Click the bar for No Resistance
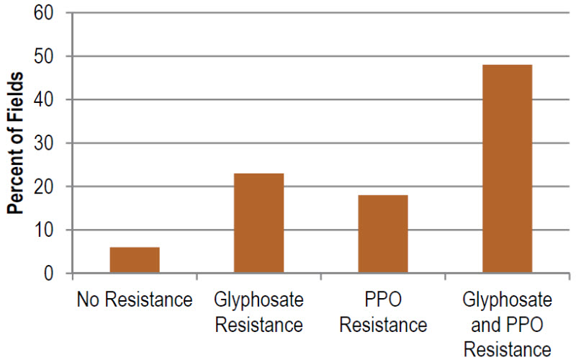135,260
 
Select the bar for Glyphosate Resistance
259,223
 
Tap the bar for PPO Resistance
383,234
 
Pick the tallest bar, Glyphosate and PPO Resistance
508,169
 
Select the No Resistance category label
135,300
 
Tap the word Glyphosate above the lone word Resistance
259,300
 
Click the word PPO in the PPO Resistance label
383,300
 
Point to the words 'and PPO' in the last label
508,325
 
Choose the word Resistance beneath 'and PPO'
508,349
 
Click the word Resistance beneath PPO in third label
383,325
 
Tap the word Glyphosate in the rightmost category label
508,300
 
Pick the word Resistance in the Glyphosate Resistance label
259,325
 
